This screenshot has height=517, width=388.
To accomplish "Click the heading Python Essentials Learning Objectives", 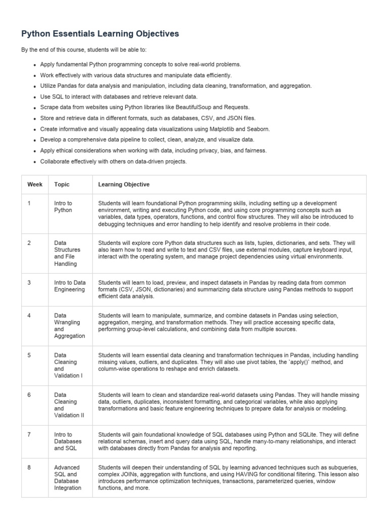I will pos(100,34).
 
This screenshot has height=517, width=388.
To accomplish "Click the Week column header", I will pos(35,185).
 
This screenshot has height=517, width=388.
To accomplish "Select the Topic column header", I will pos(62,185).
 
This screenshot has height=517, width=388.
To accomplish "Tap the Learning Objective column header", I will pos(124,185).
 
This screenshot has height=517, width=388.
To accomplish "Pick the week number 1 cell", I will pos(29,203).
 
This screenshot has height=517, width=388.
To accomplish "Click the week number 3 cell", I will pos(29,283).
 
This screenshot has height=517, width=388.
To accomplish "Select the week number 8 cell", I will pos(29,468).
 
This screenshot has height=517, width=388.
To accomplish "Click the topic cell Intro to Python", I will pos(63,206).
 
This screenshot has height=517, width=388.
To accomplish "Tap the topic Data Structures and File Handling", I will pos(67,253).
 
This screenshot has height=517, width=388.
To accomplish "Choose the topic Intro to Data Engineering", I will pos(70,286).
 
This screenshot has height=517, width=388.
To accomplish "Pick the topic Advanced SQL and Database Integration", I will pos(67,478).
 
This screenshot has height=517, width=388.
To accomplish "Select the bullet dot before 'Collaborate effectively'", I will pos(35,162).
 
